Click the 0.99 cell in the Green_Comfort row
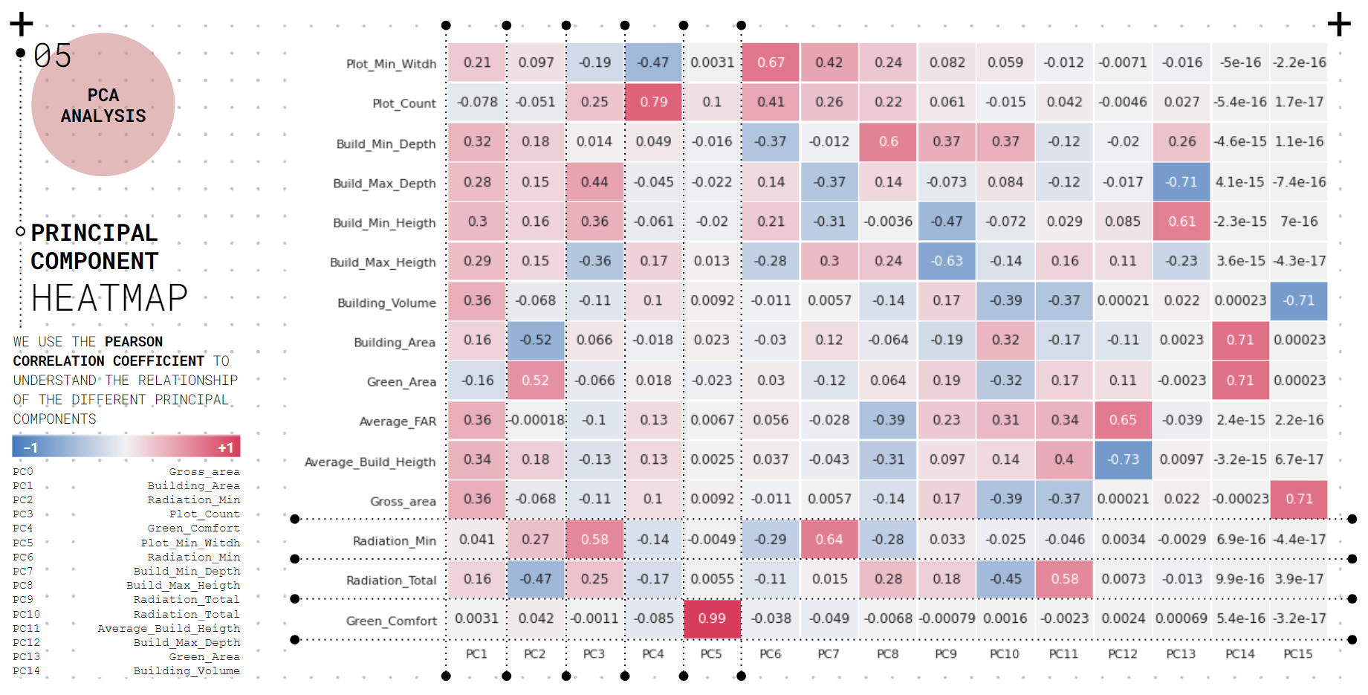click(712, 618)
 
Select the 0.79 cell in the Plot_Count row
click(653, 102)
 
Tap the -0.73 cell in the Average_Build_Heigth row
click(1123, 459)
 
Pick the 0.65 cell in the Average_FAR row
click(1123, 420)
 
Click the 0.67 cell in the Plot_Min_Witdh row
click(771, 62)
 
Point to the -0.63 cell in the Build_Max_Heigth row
click(947, 261)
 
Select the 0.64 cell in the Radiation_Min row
click(829, 540)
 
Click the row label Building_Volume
click(386, 303)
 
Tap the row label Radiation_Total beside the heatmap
click(391, 581)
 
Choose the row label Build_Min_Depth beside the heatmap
click(386, 144)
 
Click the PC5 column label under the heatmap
click(711, 654)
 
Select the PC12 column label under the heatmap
click(1122, 654)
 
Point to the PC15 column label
click(1298, 654)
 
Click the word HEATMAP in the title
click(109, 298)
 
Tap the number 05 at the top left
click(53, 56)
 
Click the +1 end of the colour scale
click(225, 447)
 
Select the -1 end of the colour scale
click(30, 447)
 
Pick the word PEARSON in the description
click(134, 342)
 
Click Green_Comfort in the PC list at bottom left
click(193, 528)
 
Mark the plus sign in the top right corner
click(1339, 25)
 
